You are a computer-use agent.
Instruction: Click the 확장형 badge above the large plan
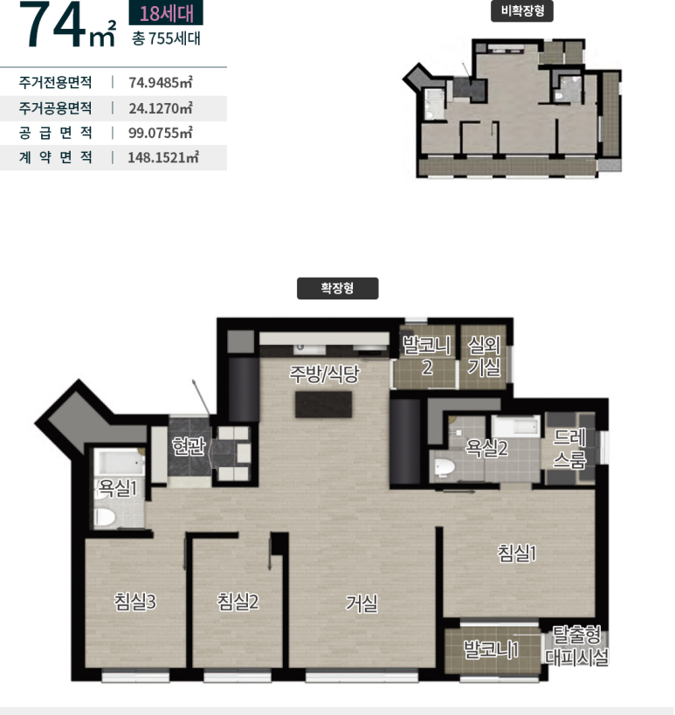click(x=337, y=288)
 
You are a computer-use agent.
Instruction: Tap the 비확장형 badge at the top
click(x=522, y=11)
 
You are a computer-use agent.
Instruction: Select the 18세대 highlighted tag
click(x=166, y=13)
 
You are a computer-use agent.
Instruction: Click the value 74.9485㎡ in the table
click(x=161, y=83)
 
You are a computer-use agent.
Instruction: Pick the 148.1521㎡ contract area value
click(x=163, y=157)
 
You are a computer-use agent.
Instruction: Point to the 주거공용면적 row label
click(x=55, y=108)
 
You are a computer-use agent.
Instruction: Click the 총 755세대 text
click(x=166, y=38)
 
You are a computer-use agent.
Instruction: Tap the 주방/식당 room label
click(x=324, y=374)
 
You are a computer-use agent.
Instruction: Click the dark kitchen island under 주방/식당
click(x=323, y=404)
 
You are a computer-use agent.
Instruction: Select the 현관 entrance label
click(x=189, y=446)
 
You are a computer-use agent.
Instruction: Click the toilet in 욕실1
click(x=106, y=517)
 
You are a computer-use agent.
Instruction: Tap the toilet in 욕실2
click(x=444, y=467)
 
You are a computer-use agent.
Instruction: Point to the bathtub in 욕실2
click(x=516, y=426)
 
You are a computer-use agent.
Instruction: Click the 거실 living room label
click(x=362, y=604)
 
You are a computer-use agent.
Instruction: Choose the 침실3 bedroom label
click(x=135, y=602)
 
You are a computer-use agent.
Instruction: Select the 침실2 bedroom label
click(x=238, y=602)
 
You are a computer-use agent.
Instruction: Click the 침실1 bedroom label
click(x=517, y=553)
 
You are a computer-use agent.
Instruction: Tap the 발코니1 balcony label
click(x=491, y=649)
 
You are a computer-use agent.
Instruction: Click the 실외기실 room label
click(x=485, y=355)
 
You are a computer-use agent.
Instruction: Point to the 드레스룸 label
click(x=569, y=449)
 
